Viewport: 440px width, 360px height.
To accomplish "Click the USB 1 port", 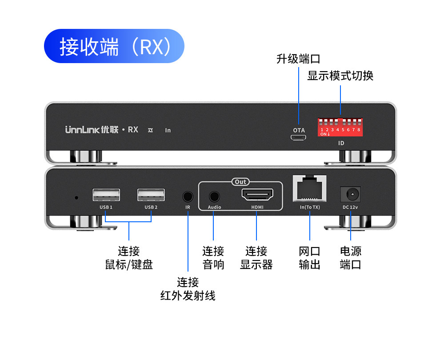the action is [x=106, y=196].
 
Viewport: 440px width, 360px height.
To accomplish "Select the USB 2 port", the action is [x=151, y=196].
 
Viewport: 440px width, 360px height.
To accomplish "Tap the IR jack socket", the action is [x=188, y=196].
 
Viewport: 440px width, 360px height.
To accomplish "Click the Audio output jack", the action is [x=214, y=196].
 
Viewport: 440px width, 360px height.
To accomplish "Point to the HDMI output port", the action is [x=257, y=195].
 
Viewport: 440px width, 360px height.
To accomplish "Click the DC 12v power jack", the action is [x=350, y=195].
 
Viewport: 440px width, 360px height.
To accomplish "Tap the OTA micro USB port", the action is [x=299, y=138].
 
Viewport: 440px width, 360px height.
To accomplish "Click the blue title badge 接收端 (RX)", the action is [x=114, y=46].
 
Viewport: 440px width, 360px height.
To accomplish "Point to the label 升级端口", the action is [x=298, y=59].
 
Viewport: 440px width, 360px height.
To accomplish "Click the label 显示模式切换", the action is [x=340, y=76].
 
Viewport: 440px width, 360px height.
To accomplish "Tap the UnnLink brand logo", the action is [x=92, y=130].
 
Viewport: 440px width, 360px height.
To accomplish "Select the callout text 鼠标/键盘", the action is [x=129, y=265].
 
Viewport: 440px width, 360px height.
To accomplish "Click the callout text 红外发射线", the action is [x=188, y=296].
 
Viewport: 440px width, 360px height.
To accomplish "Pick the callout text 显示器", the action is [x=256, y=265].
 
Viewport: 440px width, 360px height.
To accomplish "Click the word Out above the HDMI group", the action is [x=240, y=182].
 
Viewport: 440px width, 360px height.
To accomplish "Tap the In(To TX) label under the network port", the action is [x=310, y=207].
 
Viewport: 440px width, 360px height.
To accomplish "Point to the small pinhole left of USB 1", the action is [x=76, y=197].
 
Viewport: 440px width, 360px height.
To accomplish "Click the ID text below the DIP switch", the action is [x=341, y=143].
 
